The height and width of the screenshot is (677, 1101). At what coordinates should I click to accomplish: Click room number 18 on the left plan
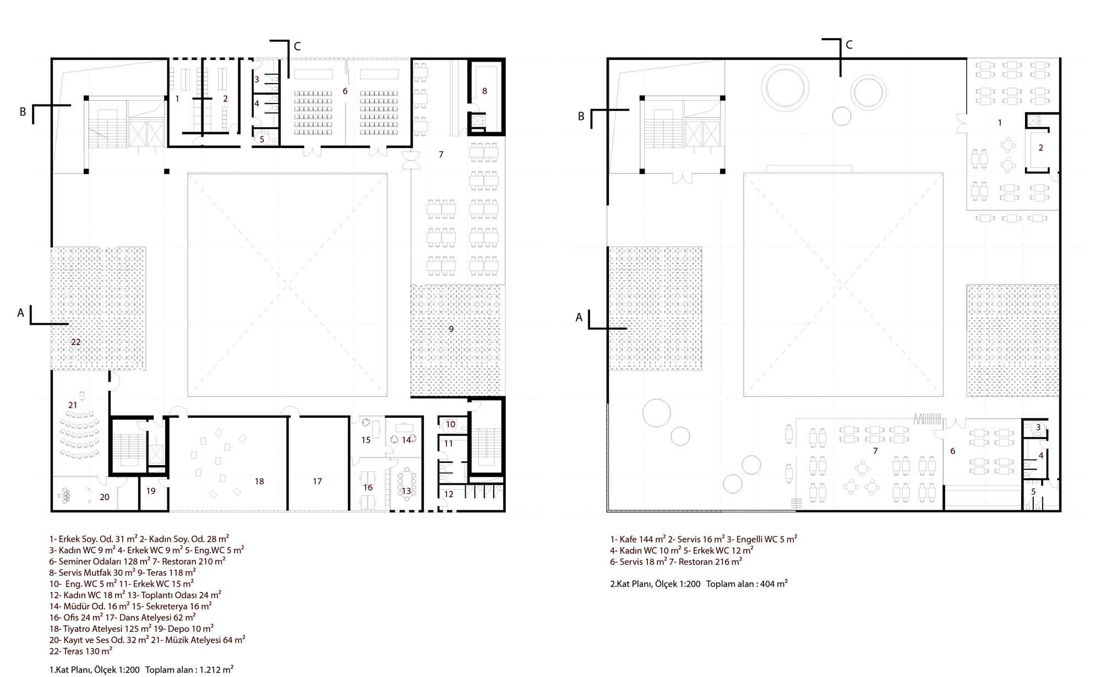point(259,482)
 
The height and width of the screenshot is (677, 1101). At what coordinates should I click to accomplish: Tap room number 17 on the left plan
point(317,482)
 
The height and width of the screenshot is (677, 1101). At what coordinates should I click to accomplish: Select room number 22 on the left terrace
point(76,342)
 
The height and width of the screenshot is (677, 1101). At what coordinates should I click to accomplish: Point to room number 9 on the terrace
point(451,329)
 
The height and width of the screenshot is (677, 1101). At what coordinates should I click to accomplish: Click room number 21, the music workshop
point(73,405)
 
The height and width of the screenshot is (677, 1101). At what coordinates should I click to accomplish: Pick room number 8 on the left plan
point(484,91)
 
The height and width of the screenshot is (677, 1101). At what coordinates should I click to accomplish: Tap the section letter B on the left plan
point(23,112)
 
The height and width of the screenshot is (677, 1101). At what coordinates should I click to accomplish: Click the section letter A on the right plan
point(579,318)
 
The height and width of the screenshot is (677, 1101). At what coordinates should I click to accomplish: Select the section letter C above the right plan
point(849,45)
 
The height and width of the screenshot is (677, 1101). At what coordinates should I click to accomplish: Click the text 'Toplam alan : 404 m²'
point(747,584)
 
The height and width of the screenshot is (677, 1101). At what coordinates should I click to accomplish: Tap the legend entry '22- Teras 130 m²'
point(81,651)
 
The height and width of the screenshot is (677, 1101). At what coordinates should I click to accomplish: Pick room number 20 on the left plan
point(104,497)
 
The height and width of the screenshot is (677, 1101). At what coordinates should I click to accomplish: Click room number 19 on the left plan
point(151,491)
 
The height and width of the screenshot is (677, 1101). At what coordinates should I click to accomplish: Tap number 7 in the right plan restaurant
point(875,451)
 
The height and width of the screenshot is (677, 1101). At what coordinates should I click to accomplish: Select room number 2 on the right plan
point(1040,148)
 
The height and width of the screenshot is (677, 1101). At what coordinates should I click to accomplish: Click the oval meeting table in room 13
point(406,484)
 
